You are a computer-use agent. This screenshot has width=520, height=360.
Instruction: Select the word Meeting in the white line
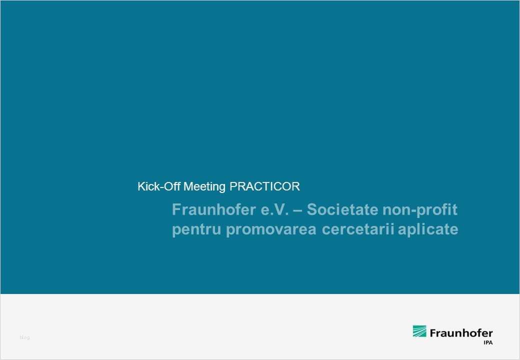pyautogui.click(x=205, y=187)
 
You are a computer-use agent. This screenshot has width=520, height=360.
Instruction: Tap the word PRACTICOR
pyautogui.click(x=264, y=187)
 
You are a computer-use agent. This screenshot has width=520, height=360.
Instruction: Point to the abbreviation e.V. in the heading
pyautogui.click(x=275, y=209)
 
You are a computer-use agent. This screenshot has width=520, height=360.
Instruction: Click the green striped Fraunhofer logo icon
pyautogui.click(x=419, y=331)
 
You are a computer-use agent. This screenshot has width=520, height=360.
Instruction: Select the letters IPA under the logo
pyautogui.click(x=487, y=342)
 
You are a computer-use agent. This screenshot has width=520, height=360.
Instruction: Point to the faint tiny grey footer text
pyautogui.click(x=24, y=338)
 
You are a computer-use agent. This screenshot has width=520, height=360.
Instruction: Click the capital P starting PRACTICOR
pyautogui.click(x=232, y=187)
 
